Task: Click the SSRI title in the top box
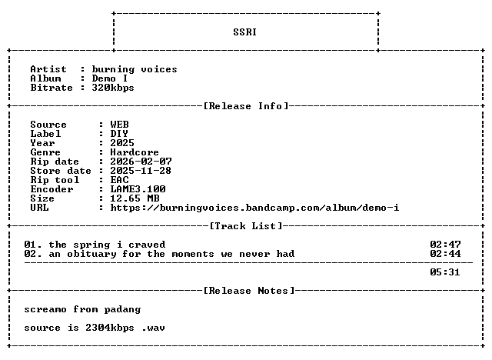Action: coord(244,32)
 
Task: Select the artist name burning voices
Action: coord(135,69)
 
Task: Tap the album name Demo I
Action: coord(109,78)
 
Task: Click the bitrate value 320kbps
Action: coord(113,88)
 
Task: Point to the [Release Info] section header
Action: coord(246,106)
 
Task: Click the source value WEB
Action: coord(119,125)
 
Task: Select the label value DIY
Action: coord(119,134)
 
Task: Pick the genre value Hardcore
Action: coord(135,152)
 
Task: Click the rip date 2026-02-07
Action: coord(141,162)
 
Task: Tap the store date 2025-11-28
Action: coord(141,171)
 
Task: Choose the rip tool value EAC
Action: coord(119,180)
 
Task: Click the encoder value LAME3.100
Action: coord(138,189)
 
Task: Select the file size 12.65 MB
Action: coord(135,198)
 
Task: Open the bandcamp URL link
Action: coord(254,208)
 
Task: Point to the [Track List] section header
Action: coord(246,226)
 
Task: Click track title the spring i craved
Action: coord(107,245)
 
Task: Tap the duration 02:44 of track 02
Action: coord(445,254)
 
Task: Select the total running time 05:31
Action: coord(445,272)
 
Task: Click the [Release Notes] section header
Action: coord(249,291)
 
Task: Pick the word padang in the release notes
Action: coord(122,309)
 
